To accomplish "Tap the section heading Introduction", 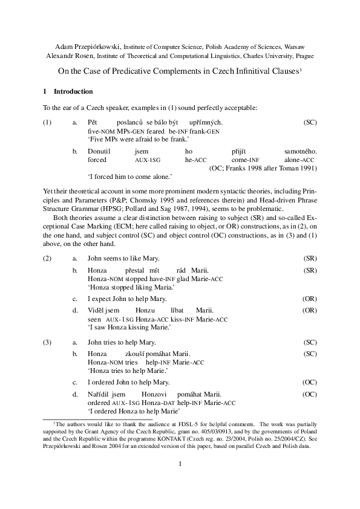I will (73, 92).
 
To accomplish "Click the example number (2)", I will (47, 258).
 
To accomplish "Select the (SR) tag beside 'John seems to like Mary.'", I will (310, 258).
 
